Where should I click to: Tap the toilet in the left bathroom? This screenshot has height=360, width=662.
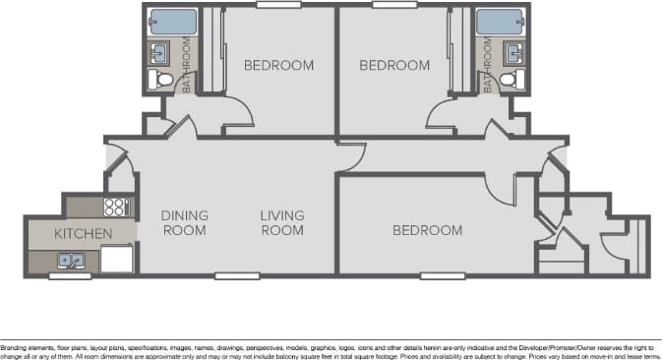161,78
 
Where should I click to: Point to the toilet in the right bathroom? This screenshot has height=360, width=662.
509,78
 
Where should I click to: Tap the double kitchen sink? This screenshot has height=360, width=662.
71,261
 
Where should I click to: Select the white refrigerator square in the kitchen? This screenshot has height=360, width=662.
117,259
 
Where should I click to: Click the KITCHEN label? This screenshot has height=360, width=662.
83,234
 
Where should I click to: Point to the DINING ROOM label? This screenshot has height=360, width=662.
184,223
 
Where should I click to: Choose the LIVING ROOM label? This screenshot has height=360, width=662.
282,223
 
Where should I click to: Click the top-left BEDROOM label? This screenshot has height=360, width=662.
278,66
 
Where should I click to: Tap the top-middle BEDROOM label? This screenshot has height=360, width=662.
393,66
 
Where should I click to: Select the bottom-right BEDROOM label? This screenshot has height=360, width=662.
427,230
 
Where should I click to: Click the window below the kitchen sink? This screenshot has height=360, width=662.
70,275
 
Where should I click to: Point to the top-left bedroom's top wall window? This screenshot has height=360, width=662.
278,5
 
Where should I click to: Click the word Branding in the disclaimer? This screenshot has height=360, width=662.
14,347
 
